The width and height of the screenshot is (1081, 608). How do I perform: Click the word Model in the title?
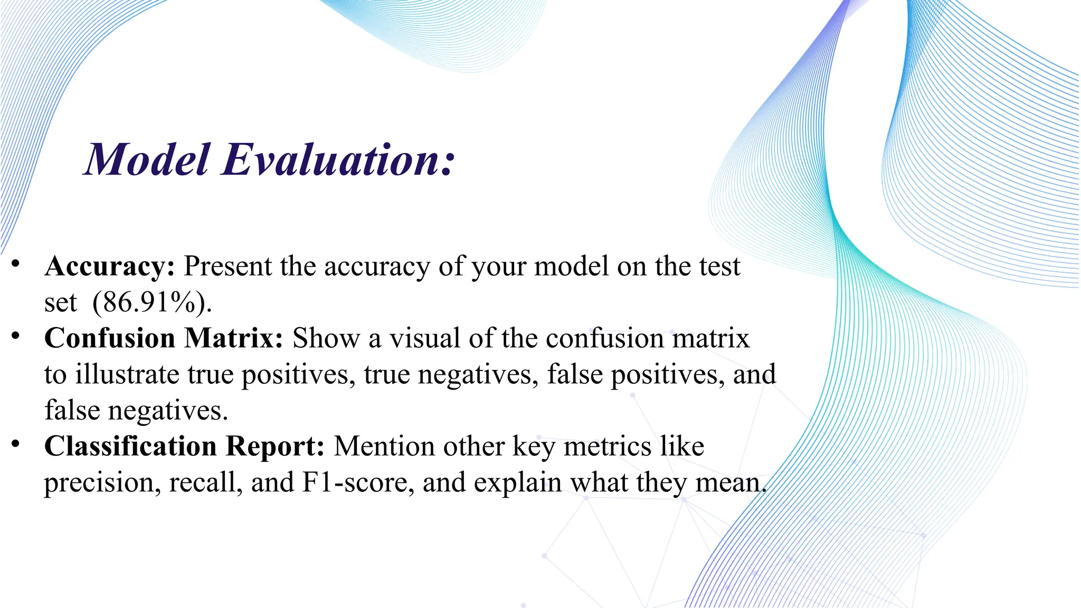point(147,160)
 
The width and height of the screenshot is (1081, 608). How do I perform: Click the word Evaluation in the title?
point(338,160)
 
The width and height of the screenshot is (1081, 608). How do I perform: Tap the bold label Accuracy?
point(110,267)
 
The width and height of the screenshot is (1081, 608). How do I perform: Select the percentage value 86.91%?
point(150,303)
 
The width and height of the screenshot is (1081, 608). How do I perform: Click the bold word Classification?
point(130,446)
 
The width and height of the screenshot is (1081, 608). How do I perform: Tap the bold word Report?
point(275,446)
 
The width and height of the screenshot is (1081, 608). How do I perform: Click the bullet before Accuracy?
point(16,263)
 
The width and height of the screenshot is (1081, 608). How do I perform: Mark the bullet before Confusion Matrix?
point(16,336)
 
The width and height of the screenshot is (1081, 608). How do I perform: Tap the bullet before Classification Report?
point(16,444)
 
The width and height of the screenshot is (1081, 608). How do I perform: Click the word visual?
point(425,338)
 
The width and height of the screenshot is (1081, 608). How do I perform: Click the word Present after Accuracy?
point(227,267)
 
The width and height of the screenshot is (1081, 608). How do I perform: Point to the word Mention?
point(384,446)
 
